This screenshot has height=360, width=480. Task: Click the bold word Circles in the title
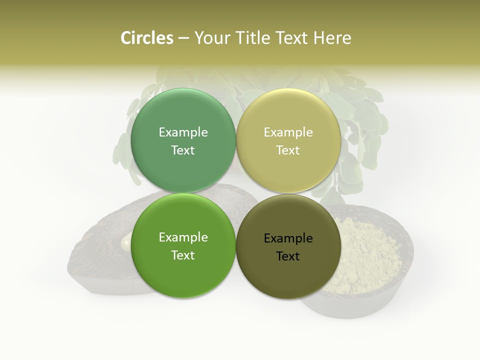pos(146,38)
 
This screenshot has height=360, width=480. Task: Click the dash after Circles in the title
pos(183,38)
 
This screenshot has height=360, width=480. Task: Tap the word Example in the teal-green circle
pos(183,132)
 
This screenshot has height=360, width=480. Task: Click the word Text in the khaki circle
pos(288,150)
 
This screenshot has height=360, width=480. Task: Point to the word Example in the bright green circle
pos(183,237)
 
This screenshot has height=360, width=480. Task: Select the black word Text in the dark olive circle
pos(288,256)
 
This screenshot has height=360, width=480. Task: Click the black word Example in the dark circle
pos(288,238)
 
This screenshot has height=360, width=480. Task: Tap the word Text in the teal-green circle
pos(183,150)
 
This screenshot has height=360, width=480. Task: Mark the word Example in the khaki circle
pos(288,132)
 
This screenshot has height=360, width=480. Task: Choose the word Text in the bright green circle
pos(183,255)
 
